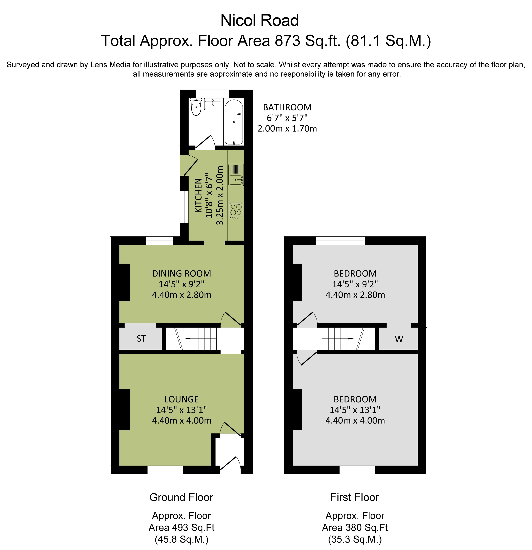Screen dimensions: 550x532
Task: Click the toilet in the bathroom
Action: [x=196, y=107]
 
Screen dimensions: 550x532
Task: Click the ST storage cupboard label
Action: [x=141, y=339]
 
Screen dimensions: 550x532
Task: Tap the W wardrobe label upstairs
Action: [x=399, y=339]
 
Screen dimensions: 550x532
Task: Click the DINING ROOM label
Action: [x=181, y=274]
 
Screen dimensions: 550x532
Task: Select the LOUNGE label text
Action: [x=181, y=399]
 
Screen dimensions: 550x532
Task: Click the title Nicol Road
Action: [x=259, y=21]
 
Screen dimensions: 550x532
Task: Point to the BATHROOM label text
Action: [x=287, y=107]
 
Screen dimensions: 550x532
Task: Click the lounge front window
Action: [x=165, y=470]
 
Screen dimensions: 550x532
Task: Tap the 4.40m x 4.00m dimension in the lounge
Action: [x=181, y=421]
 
